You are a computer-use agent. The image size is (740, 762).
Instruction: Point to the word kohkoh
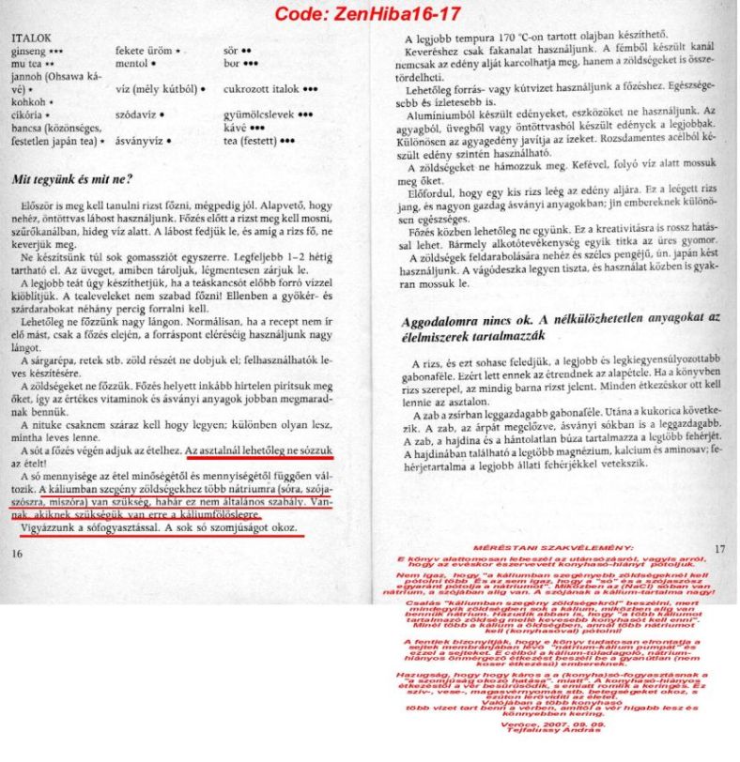(29, 103)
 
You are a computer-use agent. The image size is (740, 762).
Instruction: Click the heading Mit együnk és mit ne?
(70, 178)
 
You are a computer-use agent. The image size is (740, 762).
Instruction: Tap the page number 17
(720, 549)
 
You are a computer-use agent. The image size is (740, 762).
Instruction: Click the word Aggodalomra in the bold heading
(441, 320)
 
